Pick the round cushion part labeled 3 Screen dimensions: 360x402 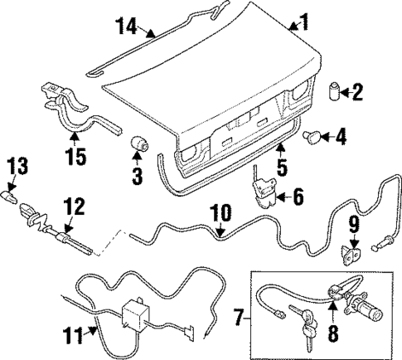139,145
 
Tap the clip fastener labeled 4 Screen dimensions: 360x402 317,135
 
